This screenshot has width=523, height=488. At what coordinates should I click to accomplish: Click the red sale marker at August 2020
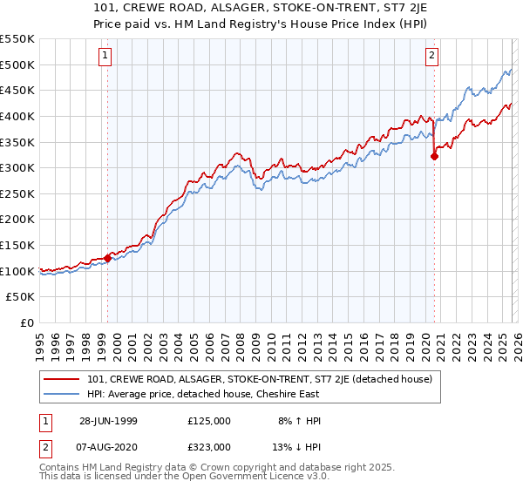pyautogui.click(x=433, y=157)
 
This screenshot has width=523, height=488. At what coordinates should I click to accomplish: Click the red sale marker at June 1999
pyautogui.click(x=108, y=258)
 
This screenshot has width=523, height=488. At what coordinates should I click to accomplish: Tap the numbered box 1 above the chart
pyautogui.click(x=105, y=57)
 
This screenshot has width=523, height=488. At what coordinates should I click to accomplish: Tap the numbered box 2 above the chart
pyautogui.click(x=431, y=57)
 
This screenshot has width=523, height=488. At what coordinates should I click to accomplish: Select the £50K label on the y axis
pyautogui.click(x=21, y=296)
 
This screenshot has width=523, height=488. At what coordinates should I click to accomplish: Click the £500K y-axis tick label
pyautogui.click(x=17, y=64)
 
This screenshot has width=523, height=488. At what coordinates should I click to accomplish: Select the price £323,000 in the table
pyautogui.click(x=208, y=446)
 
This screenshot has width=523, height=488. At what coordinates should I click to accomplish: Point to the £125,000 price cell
pyautogui.click(x=208, y=421)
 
